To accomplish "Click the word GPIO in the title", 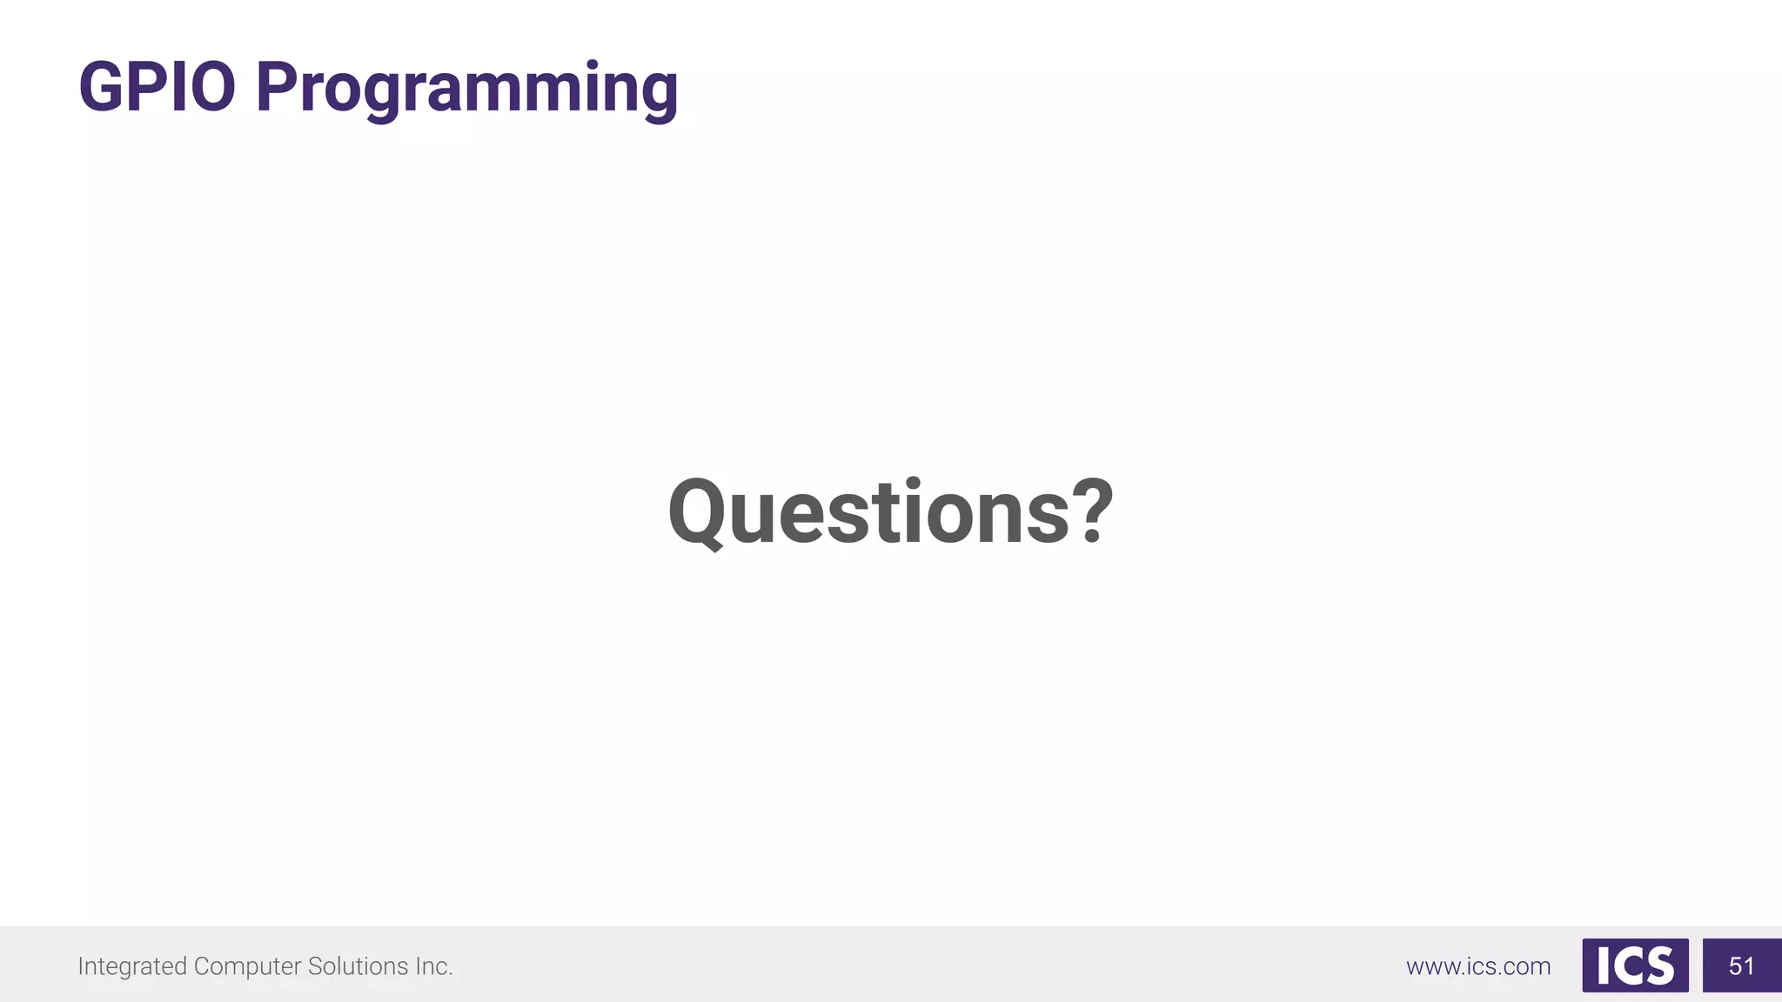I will coord(157,87).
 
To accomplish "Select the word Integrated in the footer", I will coord(132,966).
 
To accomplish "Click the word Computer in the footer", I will coord(247,966).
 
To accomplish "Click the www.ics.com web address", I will coord(1478,966).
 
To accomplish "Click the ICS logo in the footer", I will coord(1635,965).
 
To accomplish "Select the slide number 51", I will coord(1741,965).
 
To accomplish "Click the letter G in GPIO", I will coord(102,87).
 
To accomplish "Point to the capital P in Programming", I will coord(276,87).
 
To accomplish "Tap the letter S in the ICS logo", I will coord(1659,966).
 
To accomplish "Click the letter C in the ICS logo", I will coord(1627,966).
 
